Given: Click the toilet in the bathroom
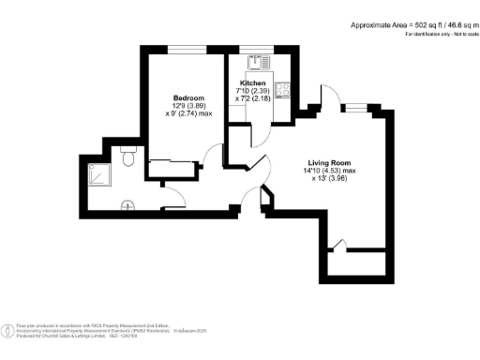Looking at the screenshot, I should [130, 161].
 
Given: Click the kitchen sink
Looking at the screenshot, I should [253, 63].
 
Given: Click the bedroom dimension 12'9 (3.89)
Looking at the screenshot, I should [190, 106].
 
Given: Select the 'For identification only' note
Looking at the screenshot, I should [437, 35].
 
